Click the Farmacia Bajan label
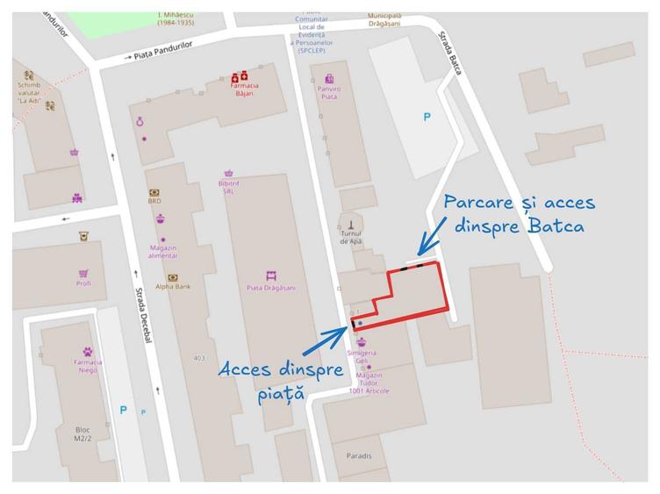coord(244,89)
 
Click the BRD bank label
coord(154,201)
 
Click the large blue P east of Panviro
coord(427,116)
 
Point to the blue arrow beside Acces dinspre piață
coord(331,339)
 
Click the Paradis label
coord(358,456)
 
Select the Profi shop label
coord(83,283)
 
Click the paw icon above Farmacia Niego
coord(87,352)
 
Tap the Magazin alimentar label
coord(162,250)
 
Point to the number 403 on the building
coord(199,357)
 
